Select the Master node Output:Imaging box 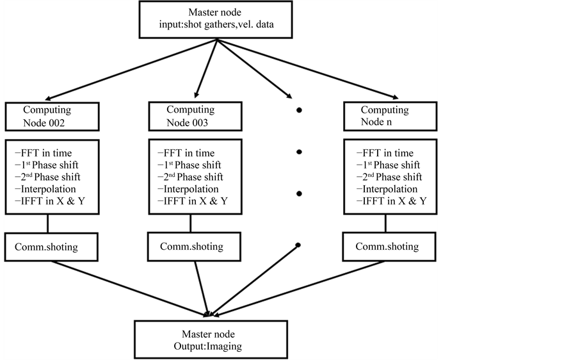click(207, 340)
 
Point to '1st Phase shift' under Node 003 click(190, 165)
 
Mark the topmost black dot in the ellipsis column click(299, 111)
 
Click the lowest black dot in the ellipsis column click(299, 245)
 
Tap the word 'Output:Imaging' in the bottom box click(207, 346)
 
